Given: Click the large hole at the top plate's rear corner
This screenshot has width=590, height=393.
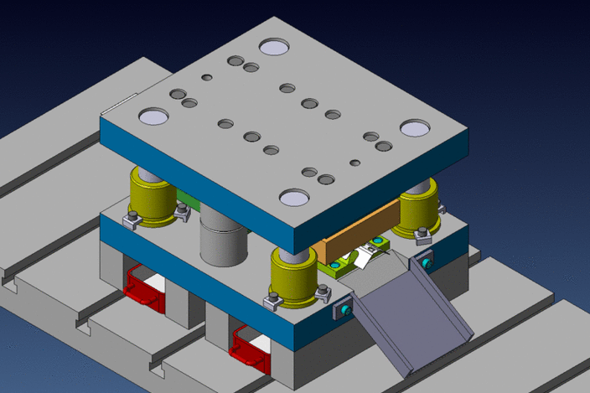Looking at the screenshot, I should tap(273, 47).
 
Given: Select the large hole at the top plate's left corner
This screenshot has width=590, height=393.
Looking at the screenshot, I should tap(153, 116).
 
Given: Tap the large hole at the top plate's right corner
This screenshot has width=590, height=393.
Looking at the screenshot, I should tap(414, 127).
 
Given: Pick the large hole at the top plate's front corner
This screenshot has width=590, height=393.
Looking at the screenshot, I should tap(294, 198).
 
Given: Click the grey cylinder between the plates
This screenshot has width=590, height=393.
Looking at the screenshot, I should tap(224, 238).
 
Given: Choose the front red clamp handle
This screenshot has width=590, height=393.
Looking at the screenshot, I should tap(249, 347).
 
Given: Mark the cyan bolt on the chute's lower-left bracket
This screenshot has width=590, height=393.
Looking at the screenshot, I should tap(345, 312).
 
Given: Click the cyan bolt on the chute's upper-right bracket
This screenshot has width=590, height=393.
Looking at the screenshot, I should tap(429, 263).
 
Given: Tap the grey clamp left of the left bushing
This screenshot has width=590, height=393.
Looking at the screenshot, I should tap(131, 220).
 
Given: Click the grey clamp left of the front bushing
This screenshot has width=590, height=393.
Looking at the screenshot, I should tap(272, 300).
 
